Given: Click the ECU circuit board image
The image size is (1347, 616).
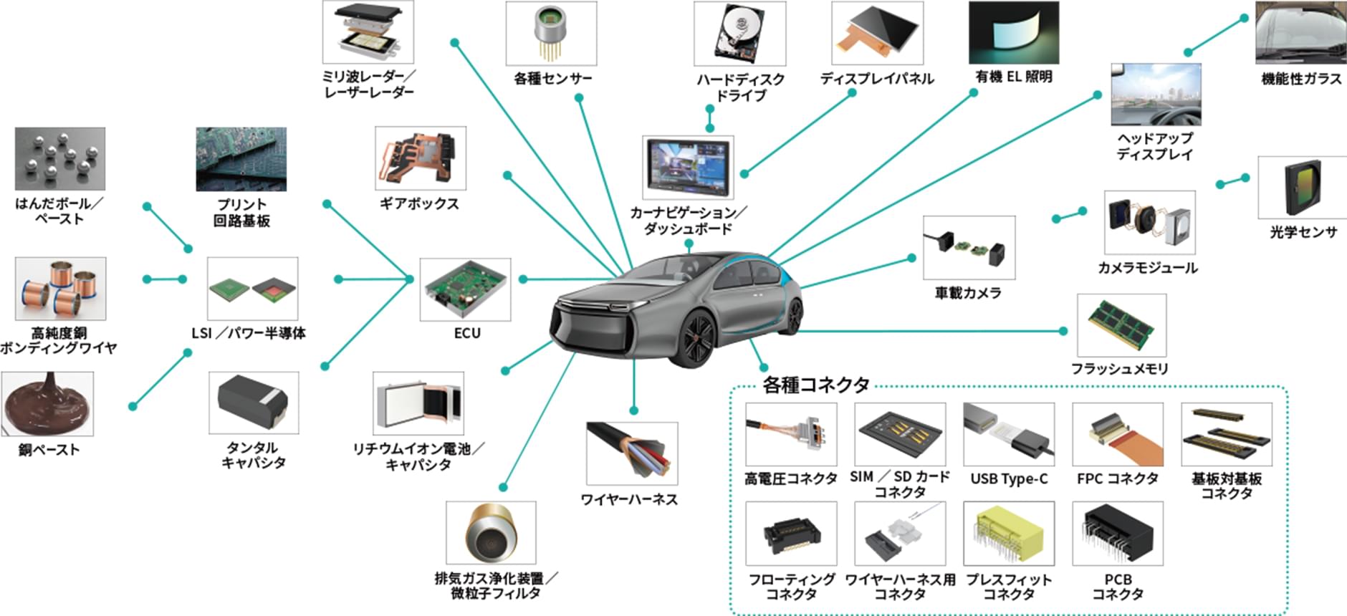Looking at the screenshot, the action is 466,289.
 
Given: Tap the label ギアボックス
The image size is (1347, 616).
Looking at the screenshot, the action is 419,203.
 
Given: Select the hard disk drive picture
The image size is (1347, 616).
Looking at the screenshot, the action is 740,34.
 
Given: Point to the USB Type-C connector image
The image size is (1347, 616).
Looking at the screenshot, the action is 1009,434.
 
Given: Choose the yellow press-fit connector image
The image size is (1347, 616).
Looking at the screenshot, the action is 1009,534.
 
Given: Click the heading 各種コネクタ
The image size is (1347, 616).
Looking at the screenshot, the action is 816,385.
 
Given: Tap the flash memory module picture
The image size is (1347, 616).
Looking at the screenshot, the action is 1122,325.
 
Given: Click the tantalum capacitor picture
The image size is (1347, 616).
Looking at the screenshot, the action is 254,403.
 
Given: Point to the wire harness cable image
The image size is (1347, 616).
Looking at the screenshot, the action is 632,453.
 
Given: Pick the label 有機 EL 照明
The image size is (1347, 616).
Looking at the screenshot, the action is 1014,77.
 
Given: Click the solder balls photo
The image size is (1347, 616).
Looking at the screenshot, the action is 60,159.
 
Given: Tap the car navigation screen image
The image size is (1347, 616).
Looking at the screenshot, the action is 688,167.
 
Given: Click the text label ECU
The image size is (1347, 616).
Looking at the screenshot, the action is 467,333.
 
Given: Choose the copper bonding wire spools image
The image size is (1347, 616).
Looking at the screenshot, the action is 60,289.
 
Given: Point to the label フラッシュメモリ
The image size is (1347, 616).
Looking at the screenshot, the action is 1120,368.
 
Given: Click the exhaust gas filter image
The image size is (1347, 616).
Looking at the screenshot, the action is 491,533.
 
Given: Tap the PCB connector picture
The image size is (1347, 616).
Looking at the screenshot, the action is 1118,534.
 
